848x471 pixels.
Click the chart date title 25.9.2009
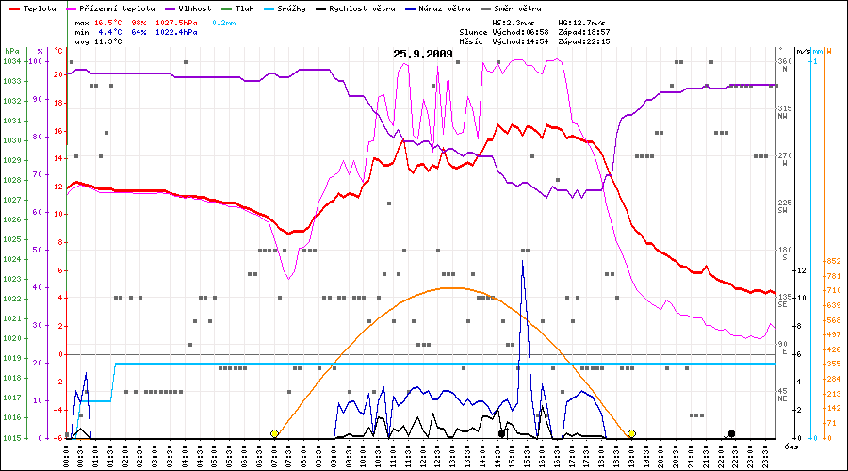click(x=423, y=54)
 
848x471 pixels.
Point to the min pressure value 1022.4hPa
click(x=176, y=32)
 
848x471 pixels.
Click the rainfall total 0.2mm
click(x=222, y=21)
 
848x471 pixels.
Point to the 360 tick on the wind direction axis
click(x=784, y=61)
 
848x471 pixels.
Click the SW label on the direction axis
click(x=783, y=211)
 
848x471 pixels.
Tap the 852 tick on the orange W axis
click(x=833, y=261)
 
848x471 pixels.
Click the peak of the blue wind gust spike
click(x=523, y=261)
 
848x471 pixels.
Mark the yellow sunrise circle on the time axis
click(x=274, y=433)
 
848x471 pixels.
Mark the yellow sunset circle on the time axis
click(x=631, y=433)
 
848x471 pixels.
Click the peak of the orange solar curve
click(x=452, y=287)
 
